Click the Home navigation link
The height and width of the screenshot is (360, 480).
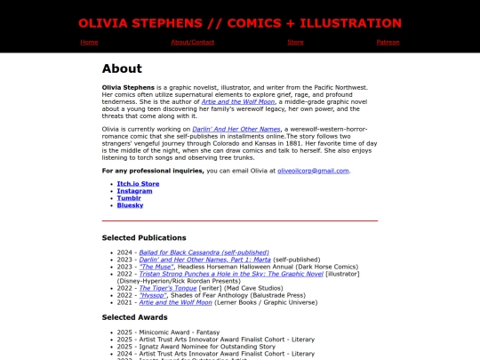[x=89, y=42]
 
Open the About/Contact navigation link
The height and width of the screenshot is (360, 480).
[x=192, y=42]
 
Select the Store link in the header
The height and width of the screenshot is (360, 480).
[x=296, y=42]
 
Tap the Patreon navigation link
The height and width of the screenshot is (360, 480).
[x=388, y=42]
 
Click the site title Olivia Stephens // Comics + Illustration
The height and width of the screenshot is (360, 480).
[x=239, y=23]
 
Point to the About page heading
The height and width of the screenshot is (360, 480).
[x=122, y=68]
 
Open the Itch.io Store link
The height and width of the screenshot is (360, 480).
[x=138, y=184]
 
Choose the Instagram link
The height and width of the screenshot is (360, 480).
[x=134, y=191]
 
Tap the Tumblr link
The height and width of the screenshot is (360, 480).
[x=129, y=198]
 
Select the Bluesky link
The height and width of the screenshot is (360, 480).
[x=130, y=205]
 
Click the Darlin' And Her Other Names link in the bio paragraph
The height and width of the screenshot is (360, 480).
[x=236, y=129]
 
